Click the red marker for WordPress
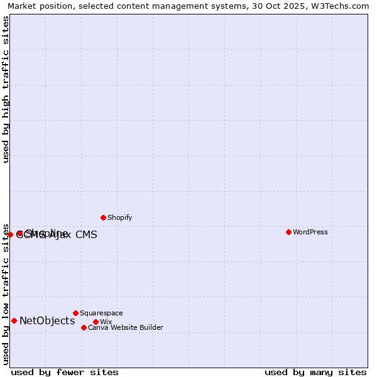pos(288,232)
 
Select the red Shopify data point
pos(103,217)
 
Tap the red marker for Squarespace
pos(75,313)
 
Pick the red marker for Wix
pos(96,322)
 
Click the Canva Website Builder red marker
pos(84,327)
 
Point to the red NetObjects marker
pos(14,320)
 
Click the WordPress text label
pos(310,232)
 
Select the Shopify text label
pos(119,217)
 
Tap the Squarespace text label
pos(101,313)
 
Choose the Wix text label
pos(106,322)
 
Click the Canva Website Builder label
pos(125,327)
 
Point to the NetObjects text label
pos(47,321)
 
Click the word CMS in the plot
pos(86,235)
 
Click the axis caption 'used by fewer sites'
pos(65,372)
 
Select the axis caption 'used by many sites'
pos(315,372)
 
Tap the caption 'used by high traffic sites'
pos(6,89)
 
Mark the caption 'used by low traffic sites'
pos(6,294)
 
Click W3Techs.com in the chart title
pos(344,6)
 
